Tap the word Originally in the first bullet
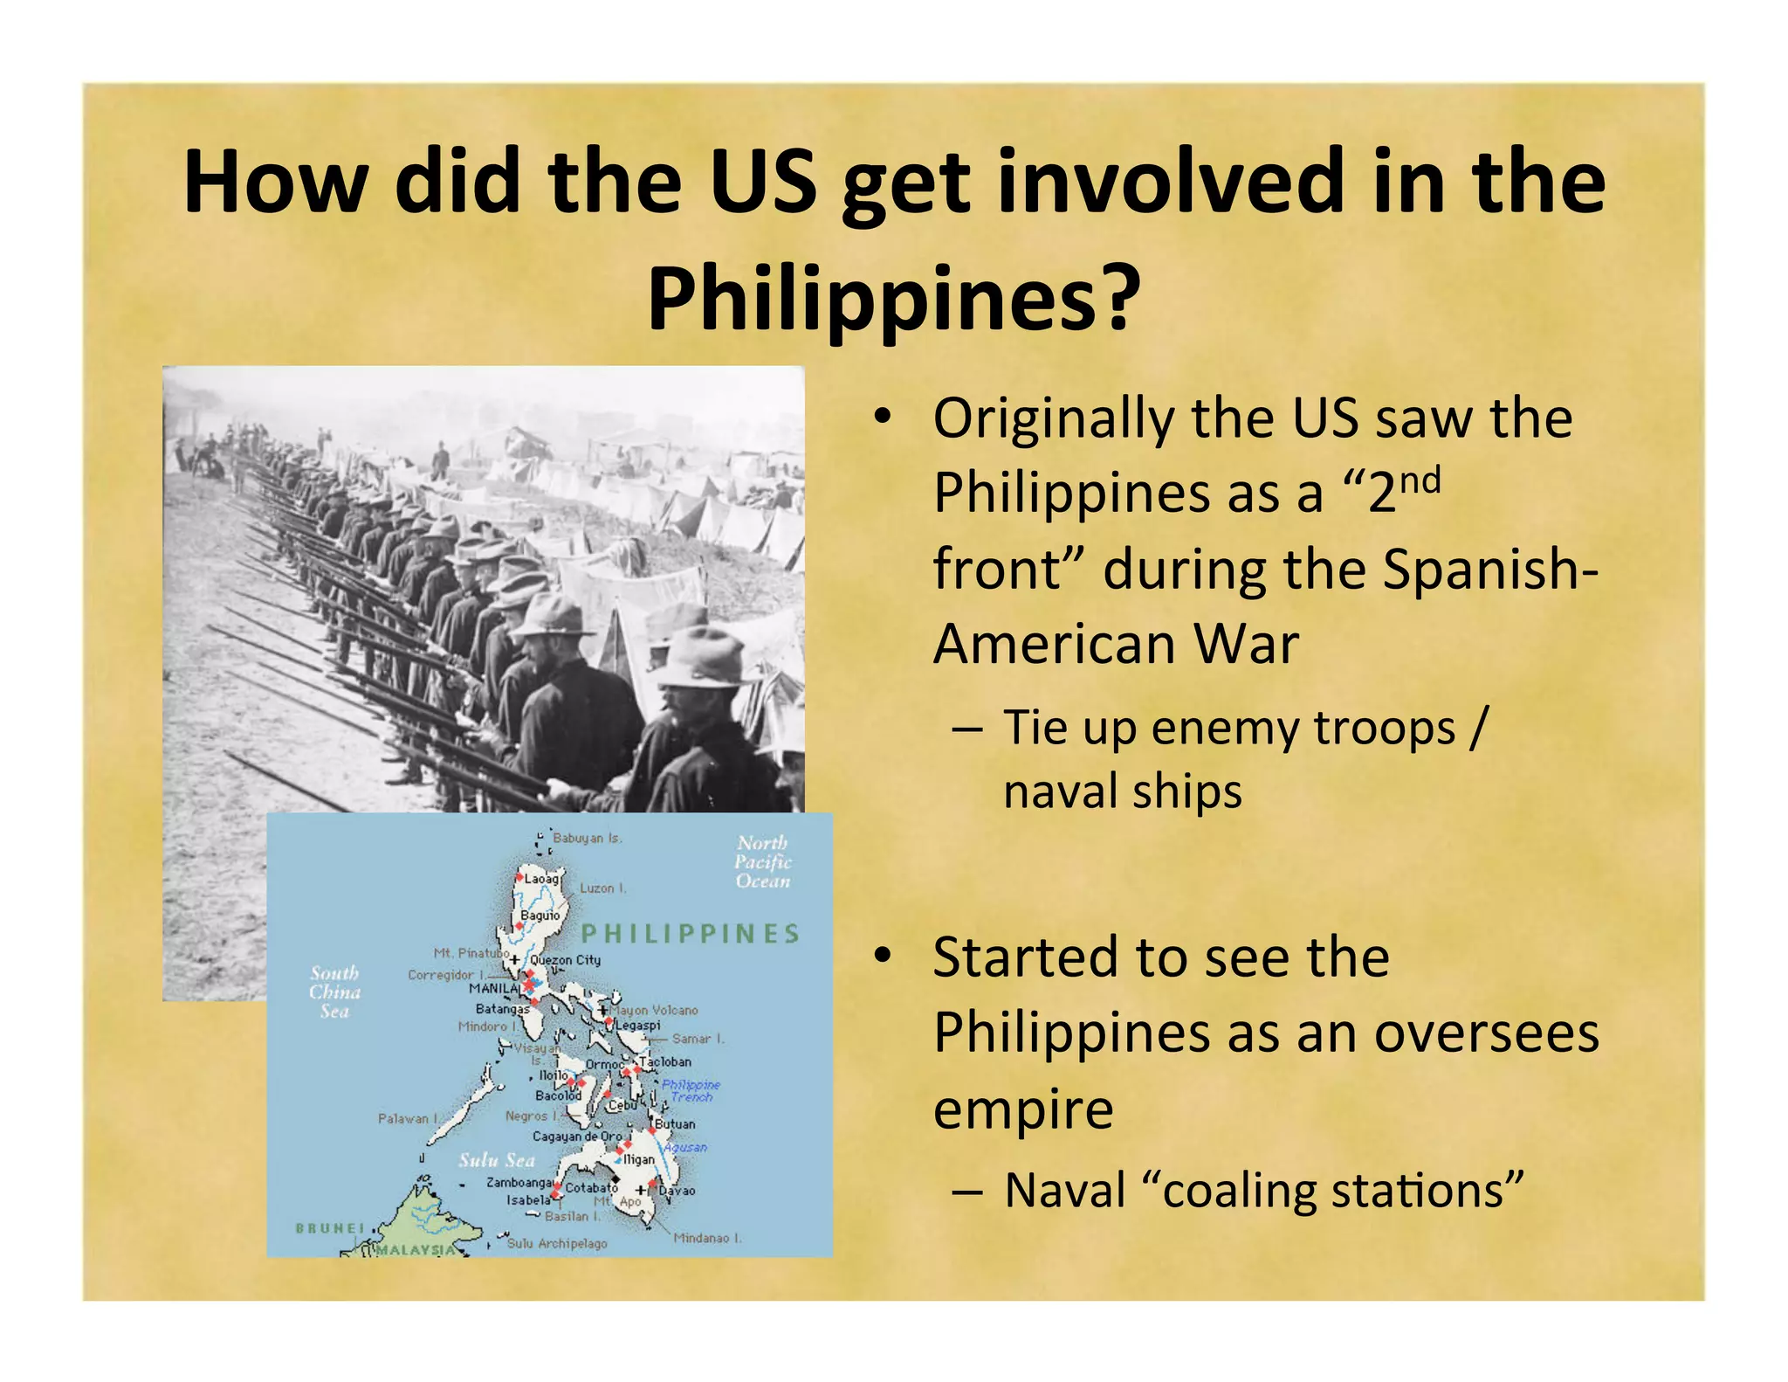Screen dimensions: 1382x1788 pyautogui.click(x=1052, y=418)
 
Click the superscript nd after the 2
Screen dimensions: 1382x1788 pyautogui.click(x=1420, y=481)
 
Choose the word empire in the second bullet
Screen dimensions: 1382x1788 pyautogui.click(x=1022, y=1109)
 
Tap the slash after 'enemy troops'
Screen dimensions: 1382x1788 pyautogui.click(x=1476, y=728)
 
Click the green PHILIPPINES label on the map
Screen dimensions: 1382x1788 pyautogui.click(x=691, y=934)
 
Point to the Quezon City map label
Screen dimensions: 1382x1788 pyautogui.click(x=565, y=960)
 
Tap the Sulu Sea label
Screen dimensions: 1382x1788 pyautogui.click(x=496, y=1160)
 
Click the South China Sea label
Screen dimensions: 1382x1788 pyautogui.click(x=334, y=992)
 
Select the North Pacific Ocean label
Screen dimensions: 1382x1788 pyautogui.click(x=763, y=861)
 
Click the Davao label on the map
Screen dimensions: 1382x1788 pyautogui.click(x=677, y=1191)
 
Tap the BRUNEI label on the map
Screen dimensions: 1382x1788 pyautogui.click(x=330, y=1227)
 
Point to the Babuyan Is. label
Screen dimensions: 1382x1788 pyautogui.click(x=588, y=838)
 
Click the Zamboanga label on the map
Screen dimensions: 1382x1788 pyautogui.click(x=519, y=1182)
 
